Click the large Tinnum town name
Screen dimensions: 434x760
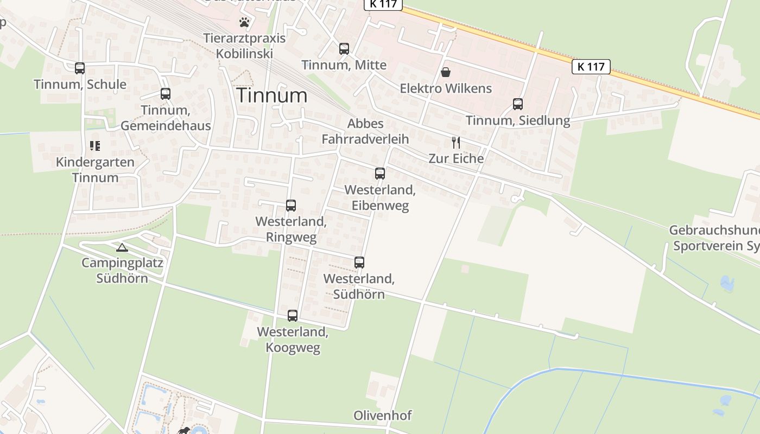coord(272,95)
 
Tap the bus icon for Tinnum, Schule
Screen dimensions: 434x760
coord(80,68)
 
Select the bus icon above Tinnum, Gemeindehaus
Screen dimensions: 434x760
coord(166,94)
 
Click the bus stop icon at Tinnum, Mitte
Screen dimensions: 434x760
coord(344,49)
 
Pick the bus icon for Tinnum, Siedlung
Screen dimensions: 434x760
coord(518,104)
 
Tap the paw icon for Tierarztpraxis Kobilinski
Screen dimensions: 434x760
coord(245,23)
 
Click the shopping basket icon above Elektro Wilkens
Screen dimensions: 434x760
coord(446,72)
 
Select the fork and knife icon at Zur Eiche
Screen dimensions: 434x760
coord(456,143)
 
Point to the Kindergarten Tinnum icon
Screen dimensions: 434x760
coord(95,145)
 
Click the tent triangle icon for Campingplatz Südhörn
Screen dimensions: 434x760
coord(122,248)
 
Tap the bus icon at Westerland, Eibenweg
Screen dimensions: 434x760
coord(380,174)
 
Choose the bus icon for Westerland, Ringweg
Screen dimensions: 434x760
coord(291,206)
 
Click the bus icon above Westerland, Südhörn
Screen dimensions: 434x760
coord(359,263)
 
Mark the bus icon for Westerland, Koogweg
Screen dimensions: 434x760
coord(293,316)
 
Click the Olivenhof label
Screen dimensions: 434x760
coord(382,416)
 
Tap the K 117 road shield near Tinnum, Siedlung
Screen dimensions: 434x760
coord(591,67)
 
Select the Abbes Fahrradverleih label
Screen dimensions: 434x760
coord(365,131)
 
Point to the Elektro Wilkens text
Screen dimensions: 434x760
coord(446,88)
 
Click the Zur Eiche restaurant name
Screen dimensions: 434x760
coord(456,158)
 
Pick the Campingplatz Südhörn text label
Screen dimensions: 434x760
coord(122,270)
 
